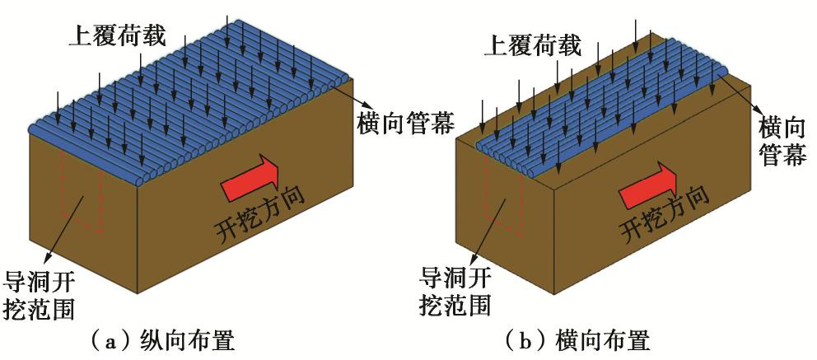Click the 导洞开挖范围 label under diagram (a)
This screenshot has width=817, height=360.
click(41, 294)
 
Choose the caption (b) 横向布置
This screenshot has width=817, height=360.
click(586, 340)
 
